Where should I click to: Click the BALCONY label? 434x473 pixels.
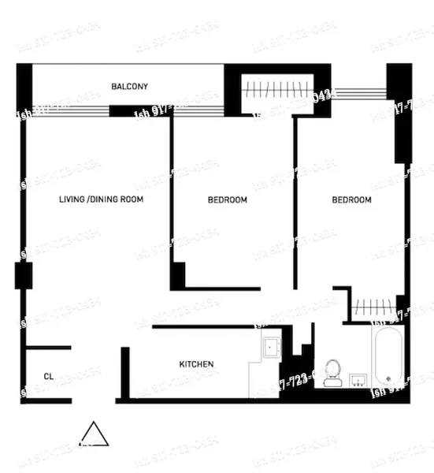(129, 86)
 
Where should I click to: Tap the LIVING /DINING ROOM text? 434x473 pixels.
(101, 200)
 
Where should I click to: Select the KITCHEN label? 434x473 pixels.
(196, 364)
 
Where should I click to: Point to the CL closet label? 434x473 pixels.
(49, 376)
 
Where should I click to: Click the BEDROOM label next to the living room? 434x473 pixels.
(227, 200)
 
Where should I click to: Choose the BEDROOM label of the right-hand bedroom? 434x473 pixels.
(351, 200)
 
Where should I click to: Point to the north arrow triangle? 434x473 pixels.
(95, 435)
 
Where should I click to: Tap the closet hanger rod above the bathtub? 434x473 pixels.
(373, 307)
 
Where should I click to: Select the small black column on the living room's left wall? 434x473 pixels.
(22, 276)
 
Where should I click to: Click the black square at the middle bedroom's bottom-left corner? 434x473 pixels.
(177, 274)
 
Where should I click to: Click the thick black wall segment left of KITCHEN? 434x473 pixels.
(124, 372)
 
